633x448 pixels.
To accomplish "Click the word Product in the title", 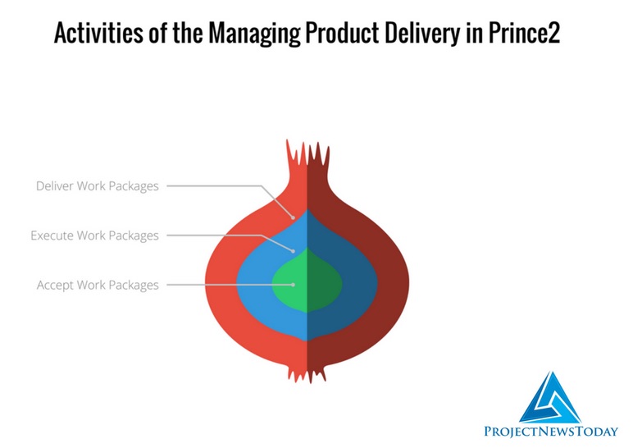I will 328,34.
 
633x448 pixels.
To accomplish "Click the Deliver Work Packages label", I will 97,186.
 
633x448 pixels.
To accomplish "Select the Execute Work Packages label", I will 94,235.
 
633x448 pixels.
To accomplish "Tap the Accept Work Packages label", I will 98,285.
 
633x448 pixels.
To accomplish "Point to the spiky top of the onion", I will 307,156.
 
